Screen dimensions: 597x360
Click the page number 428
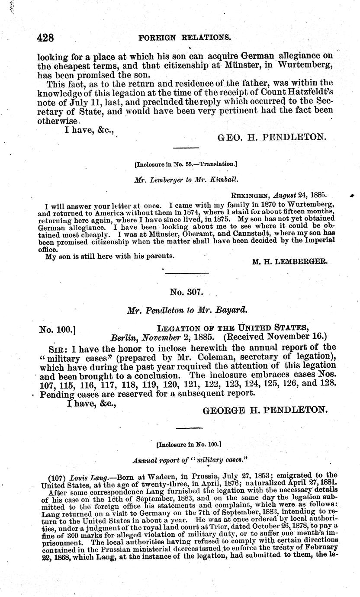[x=45, y=38]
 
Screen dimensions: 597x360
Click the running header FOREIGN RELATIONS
[x=184, y=38]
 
